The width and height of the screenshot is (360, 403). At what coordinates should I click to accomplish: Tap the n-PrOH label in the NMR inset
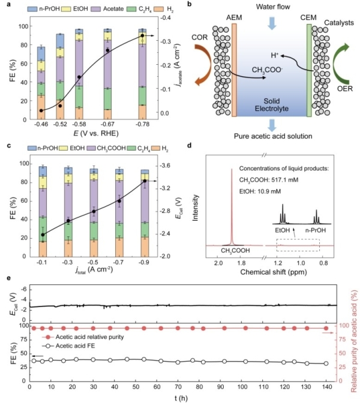[x=318, y=229]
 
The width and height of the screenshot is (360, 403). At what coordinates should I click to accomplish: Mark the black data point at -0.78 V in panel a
[x=142, y=36]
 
